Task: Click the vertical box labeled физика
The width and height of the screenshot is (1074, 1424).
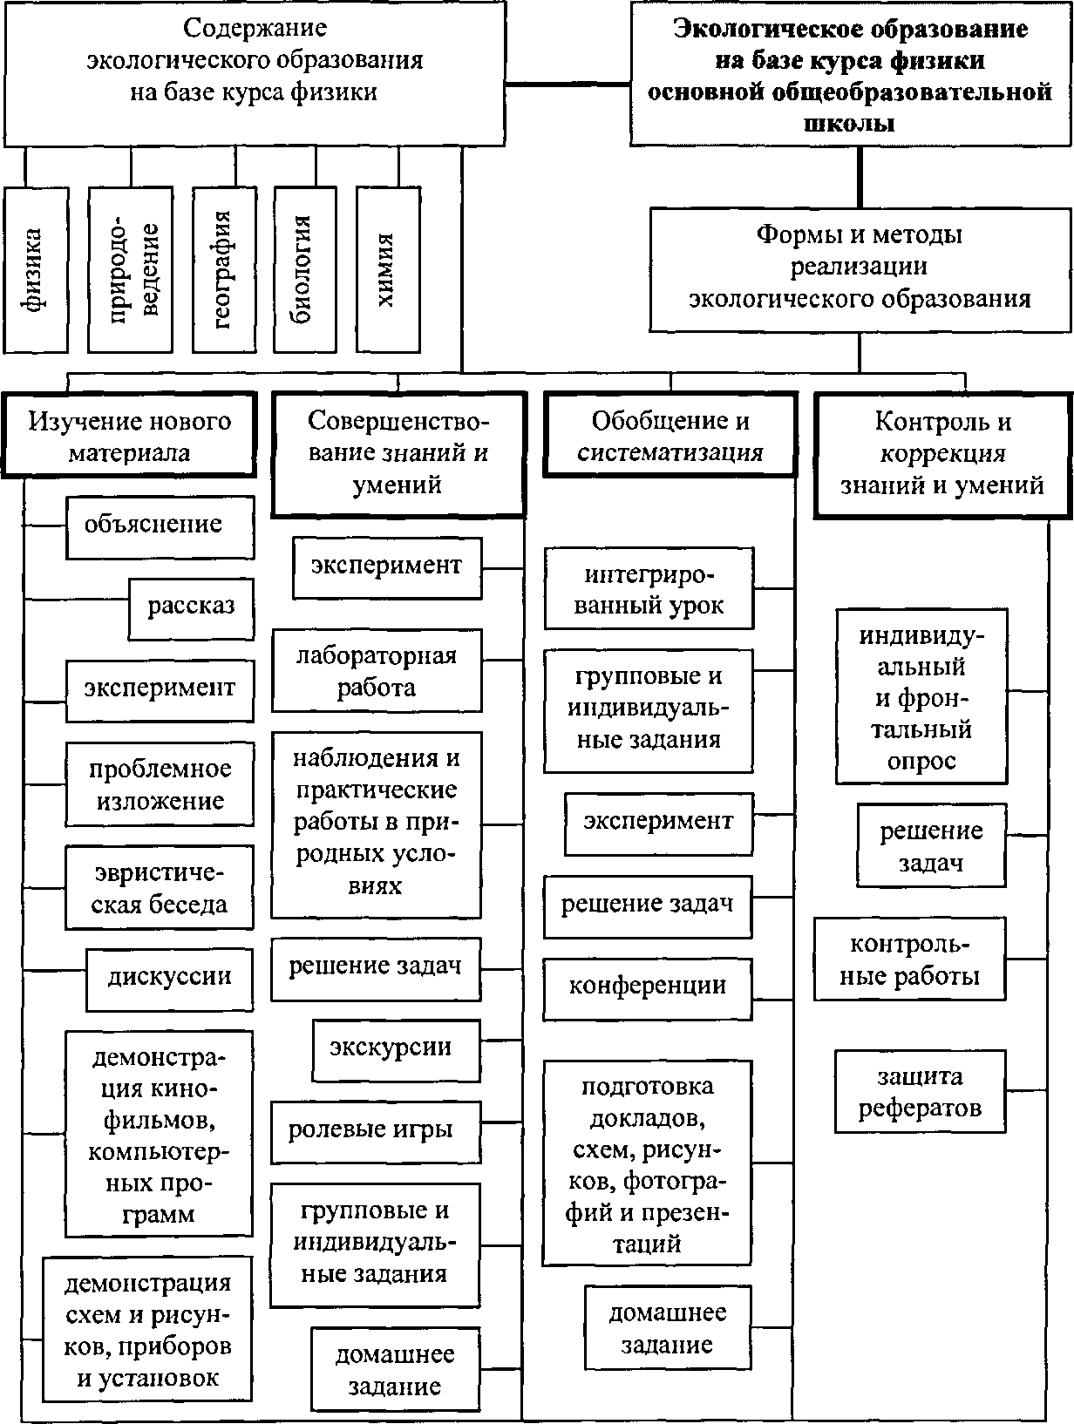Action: click(x=36, y=269)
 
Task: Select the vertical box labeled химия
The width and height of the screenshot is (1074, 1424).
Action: click(x=388, y=269)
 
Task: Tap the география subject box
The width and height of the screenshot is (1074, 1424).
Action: click(x=224, y=269)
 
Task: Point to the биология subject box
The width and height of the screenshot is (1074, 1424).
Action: click(x=305, y=269)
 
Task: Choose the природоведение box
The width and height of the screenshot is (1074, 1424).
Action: click(x=131, y=269)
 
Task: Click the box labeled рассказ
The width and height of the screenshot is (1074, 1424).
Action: click(x=192, y=609)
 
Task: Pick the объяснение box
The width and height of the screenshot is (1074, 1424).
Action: click(x=160, y=527)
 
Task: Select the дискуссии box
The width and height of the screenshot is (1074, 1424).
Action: click(x=170, y=980)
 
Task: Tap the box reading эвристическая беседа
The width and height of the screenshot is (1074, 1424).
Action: click(x=160, y=887)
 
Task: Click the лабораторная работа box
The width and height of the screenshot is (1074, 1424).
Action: click(x=377, y=670)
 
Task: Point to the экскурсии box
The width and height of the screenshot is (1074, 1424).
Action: click(x=398, y=1050)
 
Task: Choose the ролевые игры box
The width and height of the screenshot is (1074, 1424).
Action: click(x=377, y=1132)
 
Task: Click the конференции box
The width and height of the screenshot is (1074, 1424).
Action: click(x=648, y=989)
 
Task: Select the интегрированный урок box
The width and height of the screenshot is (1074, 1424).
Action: click(x=649, y=588)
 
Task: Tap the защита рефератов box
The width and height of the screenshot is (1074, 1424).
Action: click(x=921, y=1091)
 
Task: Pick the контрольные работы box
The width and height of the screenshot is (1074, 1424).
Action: click(x=910, y=959)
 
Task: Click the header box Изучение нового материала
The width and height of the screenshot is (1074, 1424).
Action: click(x=129, y=435)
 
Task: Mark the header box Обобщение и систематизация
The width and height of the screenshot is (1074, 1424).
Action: click(x=670, y=435)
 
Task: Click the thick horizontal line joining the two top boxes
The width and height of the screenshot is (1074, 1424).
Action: click(x=568, y=84)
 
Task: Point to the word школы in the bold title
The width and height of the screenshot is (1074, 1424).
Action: click(x=849, y=123)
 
